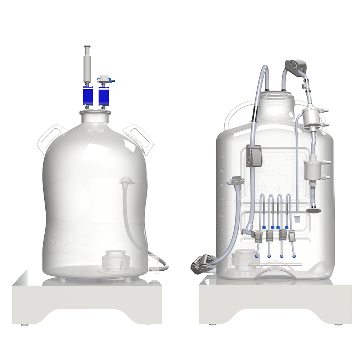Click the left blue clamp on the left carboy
(x=88, y=95)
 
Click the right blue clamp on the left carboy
(x=104, y=95)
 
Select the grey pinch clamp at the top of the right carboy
(x=296, y=66)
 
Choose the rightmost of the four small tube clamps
(x=293, y=236)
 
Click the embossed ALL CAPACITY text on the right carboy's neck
(x=277, y=104)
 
